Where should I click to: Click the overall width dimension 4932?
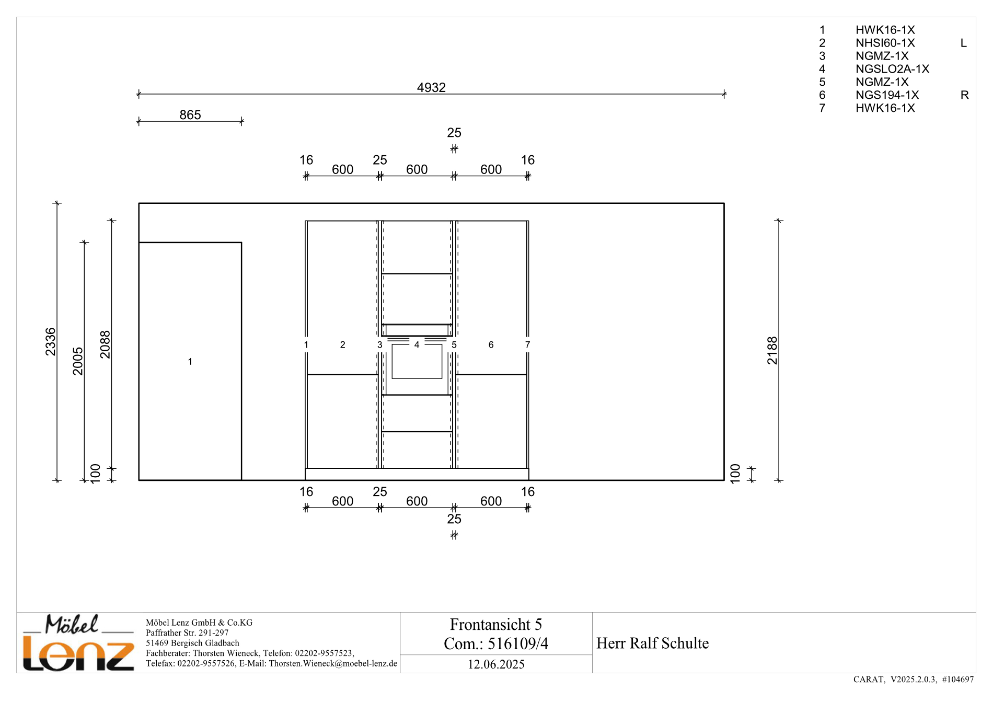[x=431, y=87]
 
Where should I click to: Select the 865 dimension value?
[x=190, y=114]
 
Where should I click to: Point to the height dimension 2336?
[x=50, y=342]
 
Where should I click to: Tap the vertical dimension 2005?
[x=78, y=361]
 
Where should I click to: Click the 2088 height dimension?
[x=105, y=344]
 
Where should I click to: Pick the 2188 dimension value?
[x=772, y=350]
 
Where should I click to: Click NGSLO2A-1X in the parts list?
[x=892, y=69]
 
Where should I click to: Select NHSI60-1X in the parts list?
[x=885, y=43]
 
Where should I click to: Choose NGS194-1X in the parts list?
[x=887, y=95]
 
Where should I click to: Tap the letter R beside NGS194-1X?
[x=965, y=95]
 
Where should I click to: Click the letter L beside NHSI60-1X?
[x=964, y=43]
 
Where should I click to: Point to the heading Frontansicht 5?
[x=495, y=625]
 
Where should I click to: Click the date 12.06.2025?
[x=496, y=664]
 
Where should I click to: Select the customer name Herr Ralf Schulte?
[x=652, y=643]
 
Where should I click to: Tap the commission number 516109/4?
[x=518, y=644]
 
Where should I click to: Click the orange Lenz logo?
[x=78, y=654]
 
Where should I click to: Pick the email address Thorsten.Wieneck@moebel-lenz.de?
[x=333, y=664]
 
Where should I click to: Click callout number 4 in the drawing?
[x=417, y=344]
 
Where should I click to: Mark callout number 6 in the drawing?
[x=491, y=344]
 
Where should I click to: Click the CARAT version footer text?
[x=914, y=680]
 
